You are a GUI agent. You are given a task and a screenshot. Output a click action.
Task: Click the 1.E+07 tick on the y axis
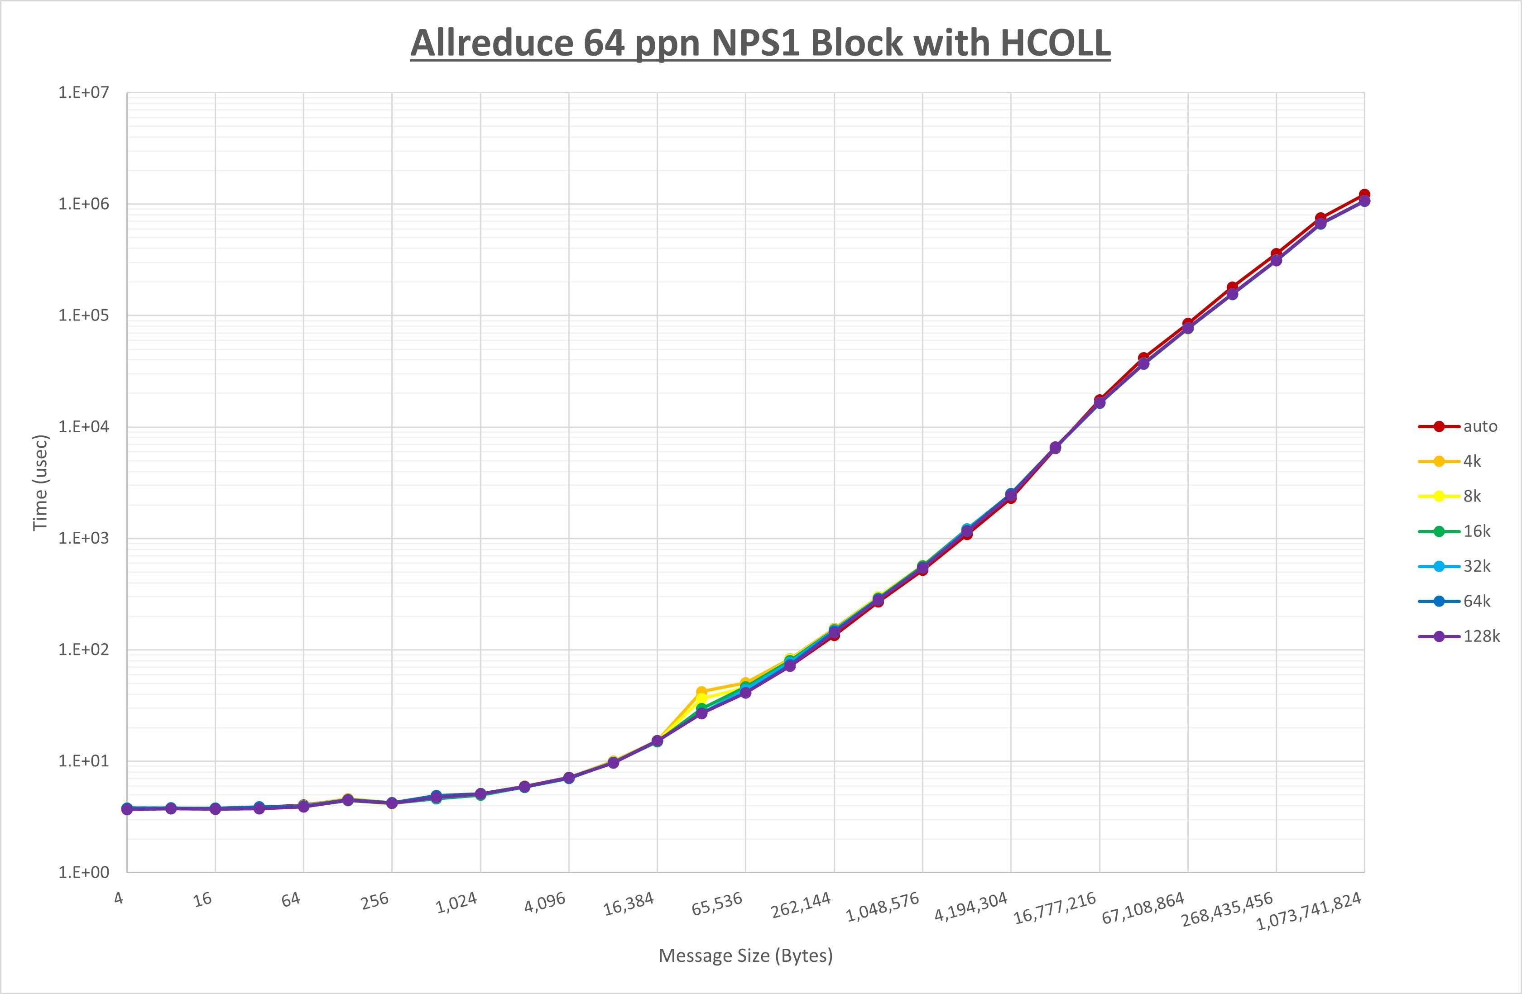[x=84, y=93]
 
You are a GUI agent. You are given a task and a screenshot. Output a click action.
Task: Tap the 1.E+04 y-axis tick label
[x=84, y=427]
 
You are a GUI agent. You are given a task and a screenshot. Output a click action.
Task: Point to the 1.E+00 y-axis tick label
[x=84, y=873]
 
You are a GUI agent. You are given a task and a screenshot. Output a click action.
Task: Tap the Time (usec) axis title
[x=40, y=483]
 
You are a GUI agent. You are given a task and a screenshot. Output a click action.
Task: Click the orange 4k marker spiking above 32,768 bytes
[x=701, y=692]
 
